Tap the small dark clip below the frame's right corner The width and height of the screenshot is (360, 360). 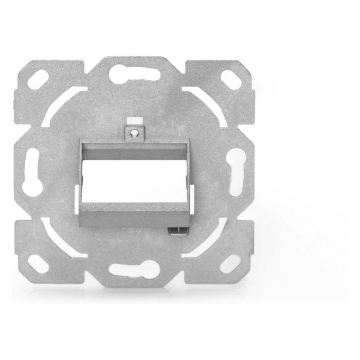(x=177, y=230)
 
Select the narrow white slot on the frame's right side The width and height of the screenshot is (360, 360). (x=192, y=198)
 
